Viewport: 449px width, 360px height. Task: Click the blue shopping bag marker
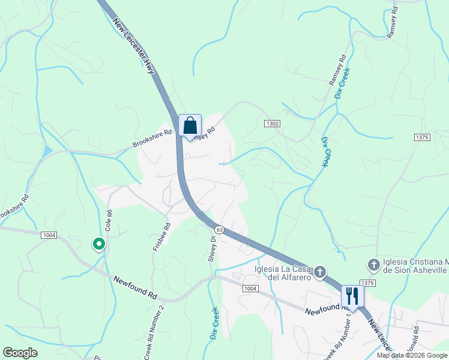[190, 127]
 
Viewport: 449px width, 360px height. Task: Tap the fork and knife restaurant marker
[352, 296]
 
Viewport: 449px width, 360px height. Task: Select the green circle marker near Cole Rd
[98, 244]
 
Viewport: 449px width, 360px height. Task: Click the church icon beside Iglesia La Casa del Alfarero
[320, 273]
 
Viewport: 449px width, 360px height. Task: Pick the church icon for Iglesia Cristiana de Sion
[373, 265]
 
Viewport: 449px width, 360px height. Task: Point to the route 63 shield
[219, 230]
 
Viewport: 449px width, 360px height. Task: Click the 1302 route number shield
[272, 123]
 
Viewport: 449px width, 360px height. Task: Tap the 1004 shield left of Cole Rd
[49, 235]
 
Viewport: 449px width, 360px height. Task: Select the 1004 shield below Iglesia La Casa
[250, 289]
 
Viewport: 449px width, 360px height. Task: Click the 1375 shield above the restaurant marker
[367, 282]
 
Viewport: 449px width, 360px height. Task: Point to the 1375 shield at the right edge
[422, 137]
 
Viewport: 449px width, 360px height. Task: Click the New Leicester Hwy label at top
[134, 47]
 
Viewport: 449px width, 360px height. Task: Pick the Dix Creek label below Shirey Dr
[214, 323]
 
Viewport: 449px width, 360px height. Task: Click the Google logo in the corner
[20, 353]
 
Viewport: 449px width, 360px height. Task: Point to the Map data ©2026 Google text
[412, 355]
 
